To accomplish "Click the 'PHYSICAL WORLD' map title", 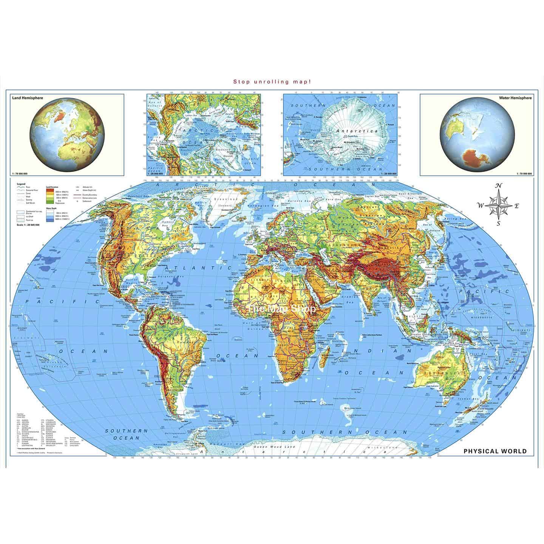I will tap(495, 451).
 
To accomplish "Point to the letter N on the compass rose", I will tap(499, 185).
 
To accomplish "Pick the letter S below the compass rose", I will tap(499, 223).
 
